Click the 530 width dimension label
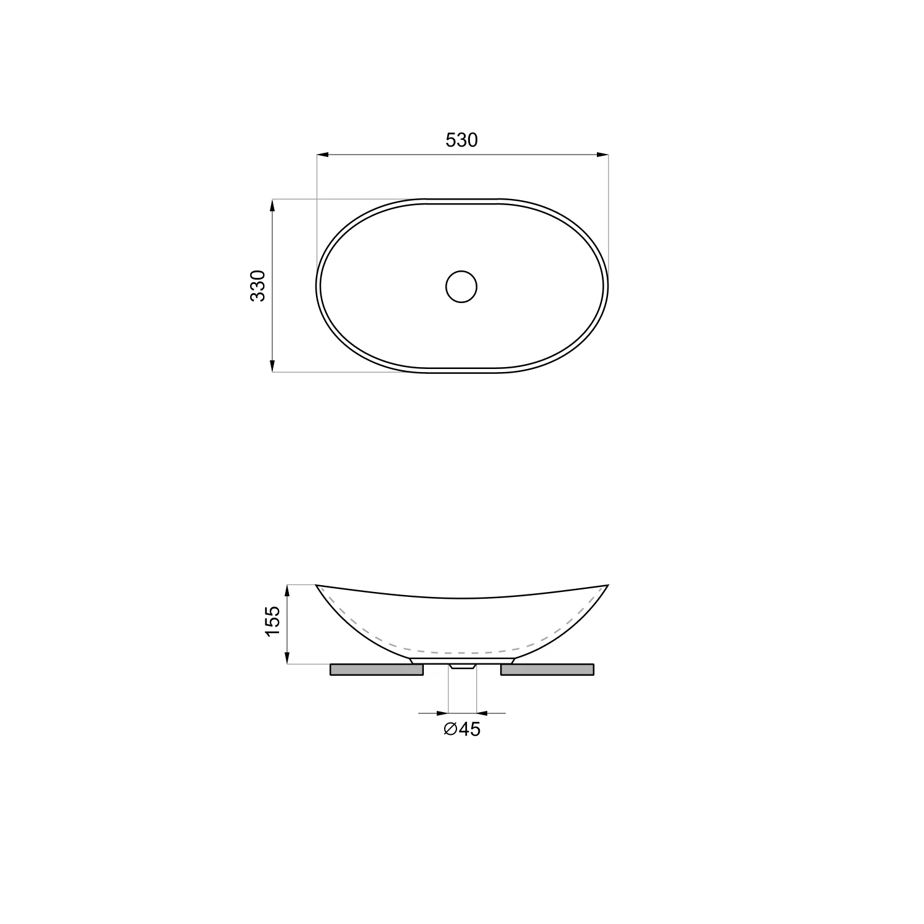click(461, 140)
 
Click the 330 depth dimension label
click(258, 286)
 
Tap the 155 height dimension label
click(273, 622)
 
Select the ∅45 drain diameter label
click(461, 729)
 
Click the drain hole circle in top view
click(461, 286)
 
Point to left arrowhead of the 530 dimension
click(322, 154)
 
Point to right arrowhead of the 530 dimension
click(602, 154)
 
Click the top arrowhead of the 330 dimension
click(272, 205)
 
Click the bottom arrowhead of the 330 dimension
click(272, 366)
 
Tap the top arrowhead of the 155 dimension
click(288, 591)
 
